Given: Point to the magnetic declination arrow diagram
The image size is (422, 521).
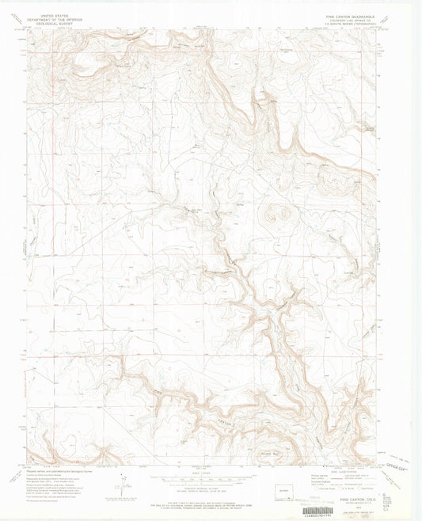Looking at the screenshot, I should click(x=120, y=481).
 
